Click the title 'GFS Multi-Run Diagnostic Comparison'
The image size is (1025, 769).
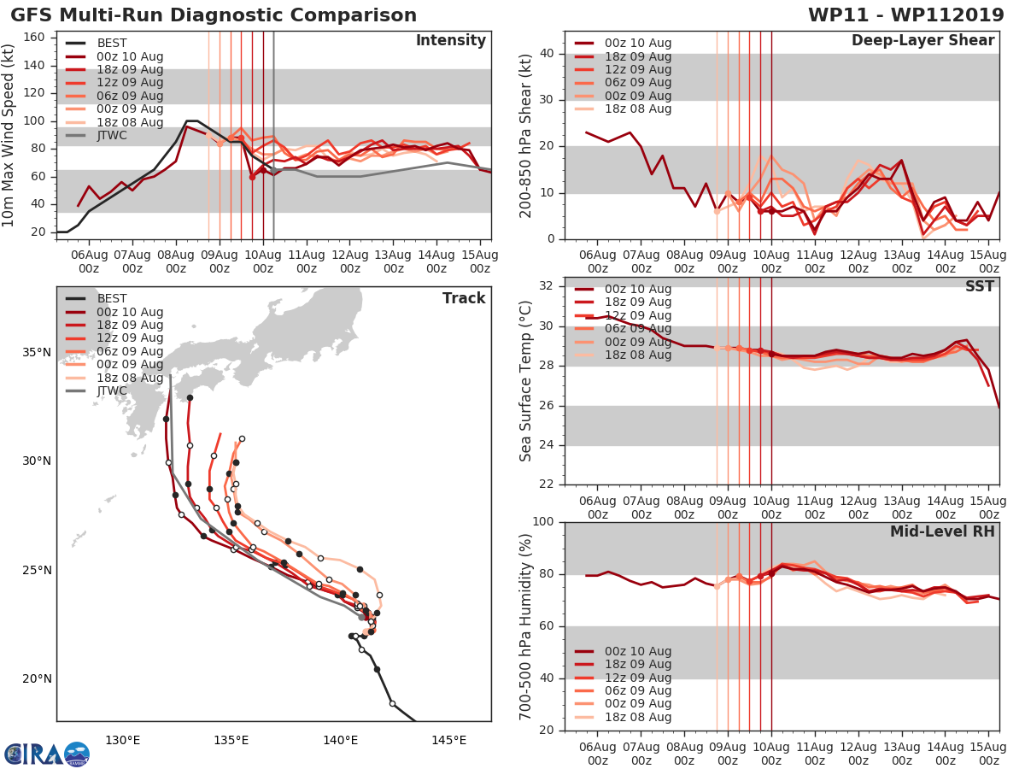coord(214,15)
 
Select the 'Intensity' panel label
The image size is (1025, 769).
coord(450,41)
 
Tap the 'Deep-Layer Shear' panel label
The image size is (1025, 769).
coord(922,41)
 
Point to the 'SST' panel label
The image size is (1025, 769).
coord(980,286)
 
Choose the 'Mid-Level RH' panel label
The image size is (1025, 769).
coord(942,531)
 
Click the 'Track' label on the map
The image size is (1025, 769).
coord(464,298)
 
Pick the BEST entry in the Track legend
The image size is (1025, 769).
coord(111,298)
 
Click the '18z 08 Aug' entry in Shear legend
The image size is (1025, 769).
coord(637,109)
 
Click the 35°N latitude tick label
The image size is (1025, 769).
coord(36,352)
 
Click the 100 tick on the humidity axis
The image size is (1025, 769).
coord(541,522)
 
